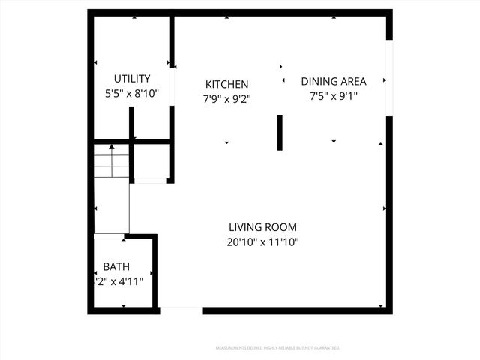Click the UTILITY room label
pyautogui.click(x=132, y=79)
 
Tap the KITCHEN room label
pyautogui.click(x=227, y=84)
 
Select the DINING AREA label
pyautogui.click(x=334, y=81)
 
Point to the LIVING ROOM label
pyautogui.click(x=262, y=227)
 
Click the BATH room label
pyautogui.click(x=116, y=266)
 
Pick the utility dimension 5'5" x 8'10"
pyautogui.click(x=132, y=94)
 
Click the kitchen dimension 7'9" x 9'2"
pyautogui.click(x=227, y=98)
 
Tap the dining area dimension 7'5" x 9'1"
pyautogui.click(x=334, y=96)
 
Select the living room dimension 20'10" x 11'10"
pyautogui.click(x=262, y=241)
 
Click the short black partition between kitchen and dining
pyautogui.click(x=280, y=133)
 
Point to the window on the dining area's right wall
pyautogui.click(x=388, y=78)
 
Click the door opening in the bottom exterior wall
pyautogui.click(x=181, y=310)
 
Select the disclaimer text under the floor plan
pyautogui.click(x=277, y=348)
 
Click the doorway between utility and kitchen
pyautogui.click(x=172, y=88)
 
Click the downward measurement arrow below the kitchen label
pyautogui.click(x=226, y=142)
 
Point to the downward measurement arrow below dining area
pyautogui.click(x=333, y=141)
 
